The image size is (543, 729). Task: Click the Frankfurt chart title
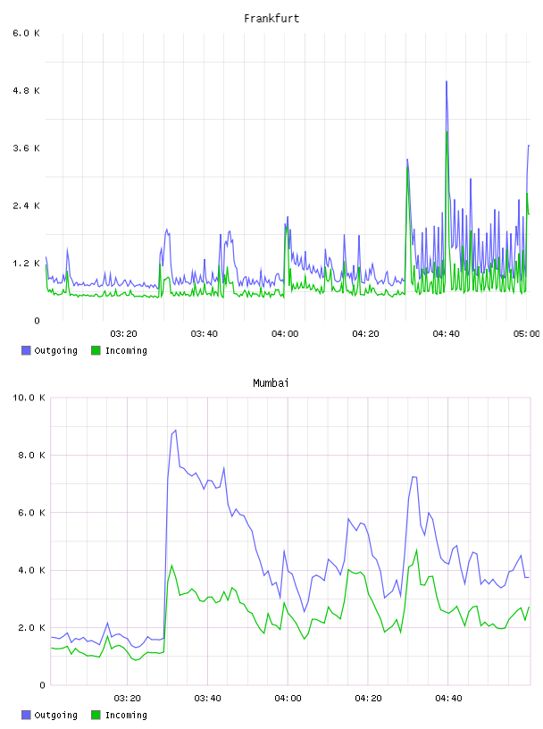tap(271, 18)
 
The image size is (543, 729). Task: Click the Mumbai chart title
tap(271, 382)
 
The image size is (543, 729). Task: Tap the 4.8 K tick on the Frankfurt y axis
tap(27, 90)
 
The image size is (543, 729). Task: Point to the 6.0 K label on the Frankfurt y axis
tap(27, 33)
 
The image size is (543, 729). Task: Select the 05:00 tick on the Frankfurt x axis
tap(526, 333)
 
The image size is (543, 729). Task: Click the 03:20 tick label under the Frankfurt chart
tap(123, 333)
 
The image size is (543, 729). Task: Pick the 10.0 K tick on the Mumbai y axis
tap(29, 398)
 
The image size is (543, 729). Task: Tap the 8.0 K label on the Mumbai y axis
tap(31, 455)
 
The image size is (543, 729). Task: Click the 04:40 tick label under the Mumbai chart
tap(448, 698)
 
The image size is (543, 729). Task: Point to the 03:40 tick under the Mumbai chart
tap(207, 698)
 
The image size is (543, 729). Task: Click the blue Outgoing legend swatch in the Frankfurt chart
tap(26, 350)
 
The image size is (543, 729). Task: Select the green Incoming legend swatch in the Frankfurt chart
tap(96, 350)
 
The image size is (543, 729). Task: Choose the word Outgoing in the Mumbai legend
tap(55, 715)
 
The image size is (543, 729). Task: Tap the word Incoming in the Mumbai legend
tap(126, 715)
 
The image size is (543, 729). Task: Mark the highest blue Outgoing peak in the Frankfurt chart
tap(447, 82)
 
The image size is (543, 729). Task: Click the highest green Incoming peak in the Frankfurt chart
tap(447, 132)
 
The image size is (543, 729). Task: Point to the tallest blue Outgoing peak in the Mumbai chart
tap(175, 431)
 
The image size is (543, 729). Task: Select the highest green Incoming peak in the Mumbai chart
tap(416, 549)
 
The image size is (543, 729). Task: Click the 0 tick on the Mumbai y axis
tap(42, 685)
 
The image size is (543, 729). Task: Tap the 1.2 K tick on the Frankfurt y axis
tap(27, 264)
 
